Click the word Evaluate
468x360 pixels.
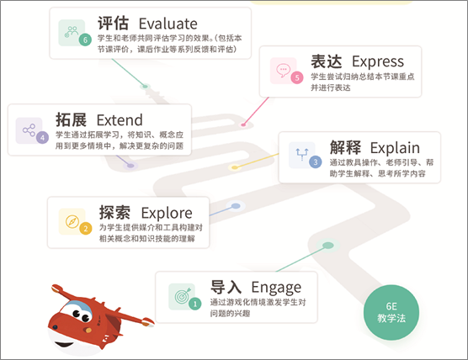point(168,24)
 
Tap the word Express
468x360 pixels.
point(378,62)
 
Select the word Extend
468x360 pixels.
point(120,120)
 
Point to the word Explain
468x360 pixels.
point(395,148)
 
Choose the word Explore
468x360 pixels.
point(167,213)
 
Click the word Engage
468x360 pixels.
point(276,288)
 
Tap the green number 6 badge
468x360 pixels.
point(85,40)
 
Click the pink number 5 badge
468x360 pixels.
point(297,77)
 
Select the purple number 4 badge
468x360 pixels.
point(42,137)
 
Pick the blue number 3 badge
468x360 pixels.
point(316,162)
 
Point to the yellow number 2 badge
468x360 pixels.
point(86,229)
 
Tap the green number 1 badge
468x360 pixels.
point(195,304)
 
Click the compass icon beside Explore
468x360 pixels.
point(72,221)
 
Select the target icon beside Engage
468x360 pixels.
point(183,295)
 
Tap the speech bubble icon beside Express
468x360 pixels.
point(284,70)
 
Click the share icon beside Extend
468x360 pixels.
point(29,130)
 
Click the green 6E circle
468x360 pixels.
point(391,312)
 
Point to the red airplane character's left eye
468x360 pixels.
point(76,314)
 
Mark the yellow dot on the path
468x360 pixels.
point(235,167)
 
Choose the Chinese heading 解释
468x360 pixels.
point(345,147)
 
